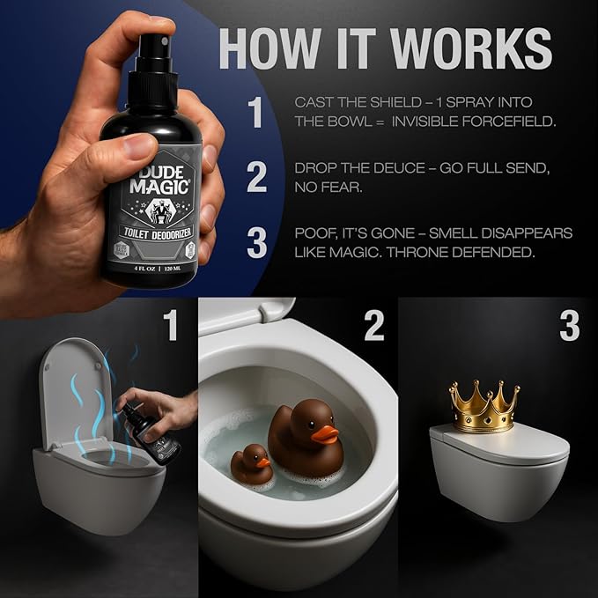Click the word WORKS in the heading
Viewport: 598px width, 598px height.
point(454,48)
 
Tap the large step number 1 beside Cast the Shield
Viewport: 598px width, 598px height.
point(255,114)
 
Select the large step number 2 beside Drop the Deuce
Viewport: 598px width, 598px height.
point(256,176)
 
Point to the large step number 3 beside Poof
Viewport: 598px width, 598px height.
point(256,243)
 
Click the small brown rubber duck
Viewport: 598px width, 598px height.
point(251,464)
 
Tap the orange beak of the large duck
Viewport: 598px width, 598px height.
point(326,433)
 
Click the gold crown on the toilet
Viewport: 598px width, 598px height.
point(483,406)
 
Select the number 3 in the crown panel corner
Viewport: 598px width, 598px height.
point(569,325)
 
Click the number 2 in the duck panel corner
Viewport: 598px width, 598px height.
point(373,325)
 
